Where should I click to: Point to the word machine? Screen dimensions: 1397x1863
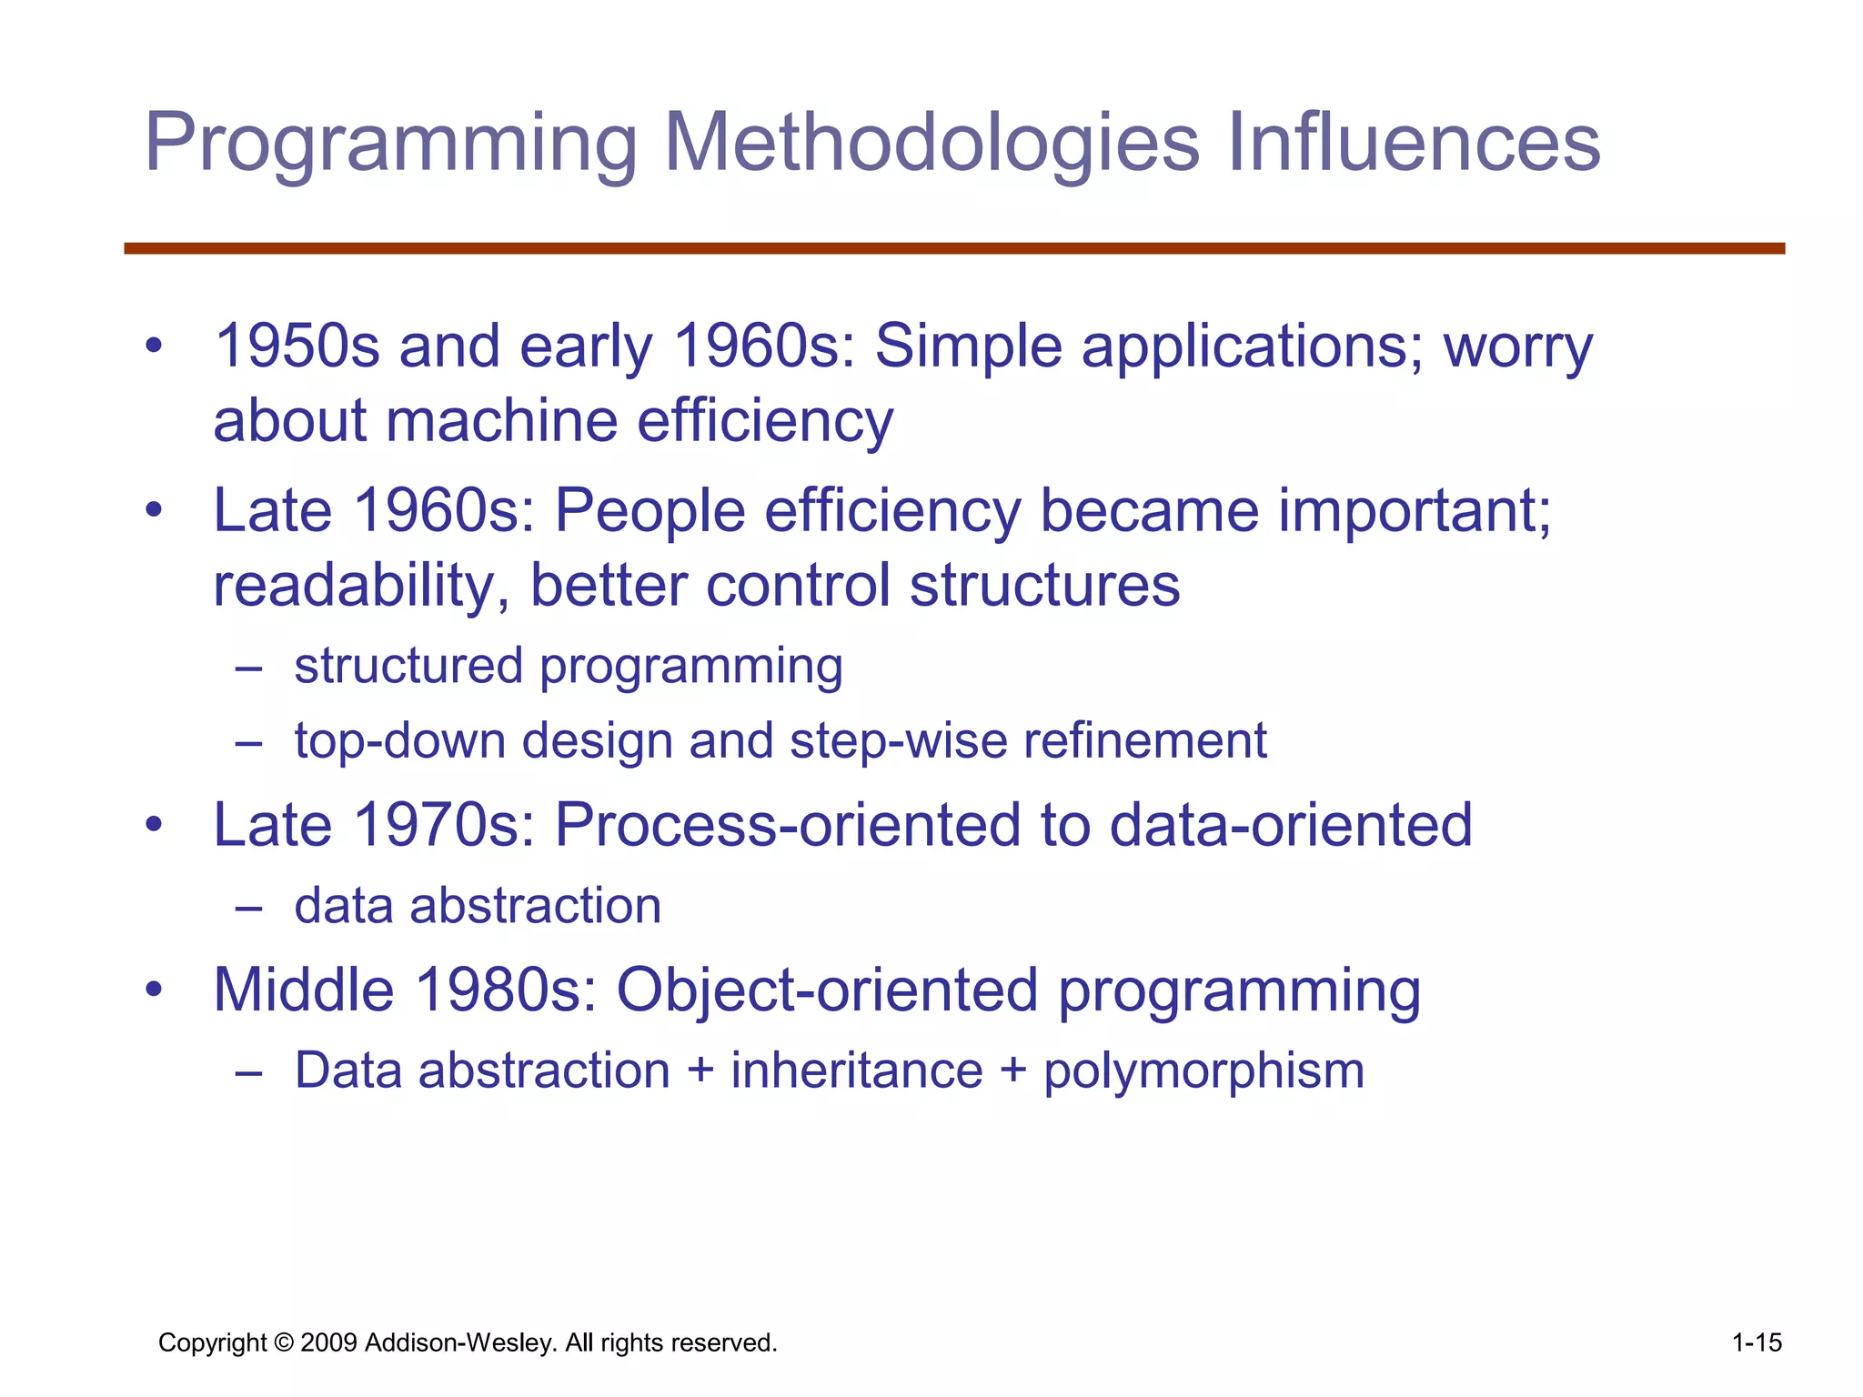pos(501,421)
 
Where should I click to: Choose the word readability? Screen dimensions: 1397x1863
pos(360,587)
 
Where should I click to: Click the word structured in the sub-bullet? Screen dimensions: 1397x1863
pos(408,666)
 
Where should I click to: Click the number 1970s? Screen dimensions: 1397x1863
pos(443,825)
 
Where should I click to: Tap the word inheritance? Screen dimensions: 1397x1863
pos(857,1070)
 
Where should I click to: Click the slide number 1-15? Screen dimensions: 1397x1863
pos(1756,1342)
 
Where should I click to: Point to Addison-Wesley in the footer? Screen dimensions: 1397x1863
pos(460,1343)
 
